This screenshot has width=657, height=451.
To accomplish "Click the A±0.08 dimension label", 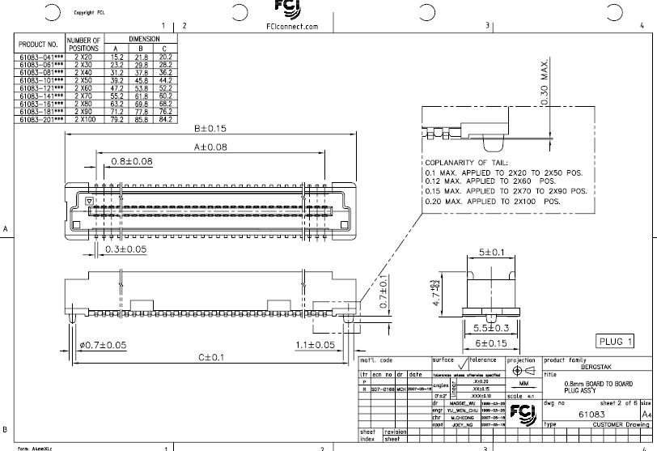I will (x=210, y=147).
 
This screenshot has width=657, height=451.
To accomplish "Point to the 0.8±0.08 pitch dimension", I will (x=132, y=161).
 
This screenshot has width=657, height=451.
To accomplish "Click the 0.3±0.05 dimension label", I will (x=125, y=249).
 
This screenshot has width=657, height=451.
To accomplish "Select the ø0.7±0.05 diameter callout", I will (x=103, y=345).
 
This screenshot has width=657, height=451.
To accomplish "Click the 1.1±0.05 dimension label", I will (x=314, y=345).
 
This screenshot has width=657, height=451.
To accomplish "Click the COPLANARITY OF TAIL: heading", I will (x=467, y=163).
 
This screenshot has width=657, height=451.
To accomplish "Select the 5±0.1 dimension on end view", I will (x=490, y=253).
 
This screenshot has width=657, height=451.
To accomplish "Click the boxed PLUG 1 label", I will (x=615, y=342).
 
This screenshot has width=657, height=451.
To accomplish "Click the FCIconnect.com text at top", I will (x=292, y=27).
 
